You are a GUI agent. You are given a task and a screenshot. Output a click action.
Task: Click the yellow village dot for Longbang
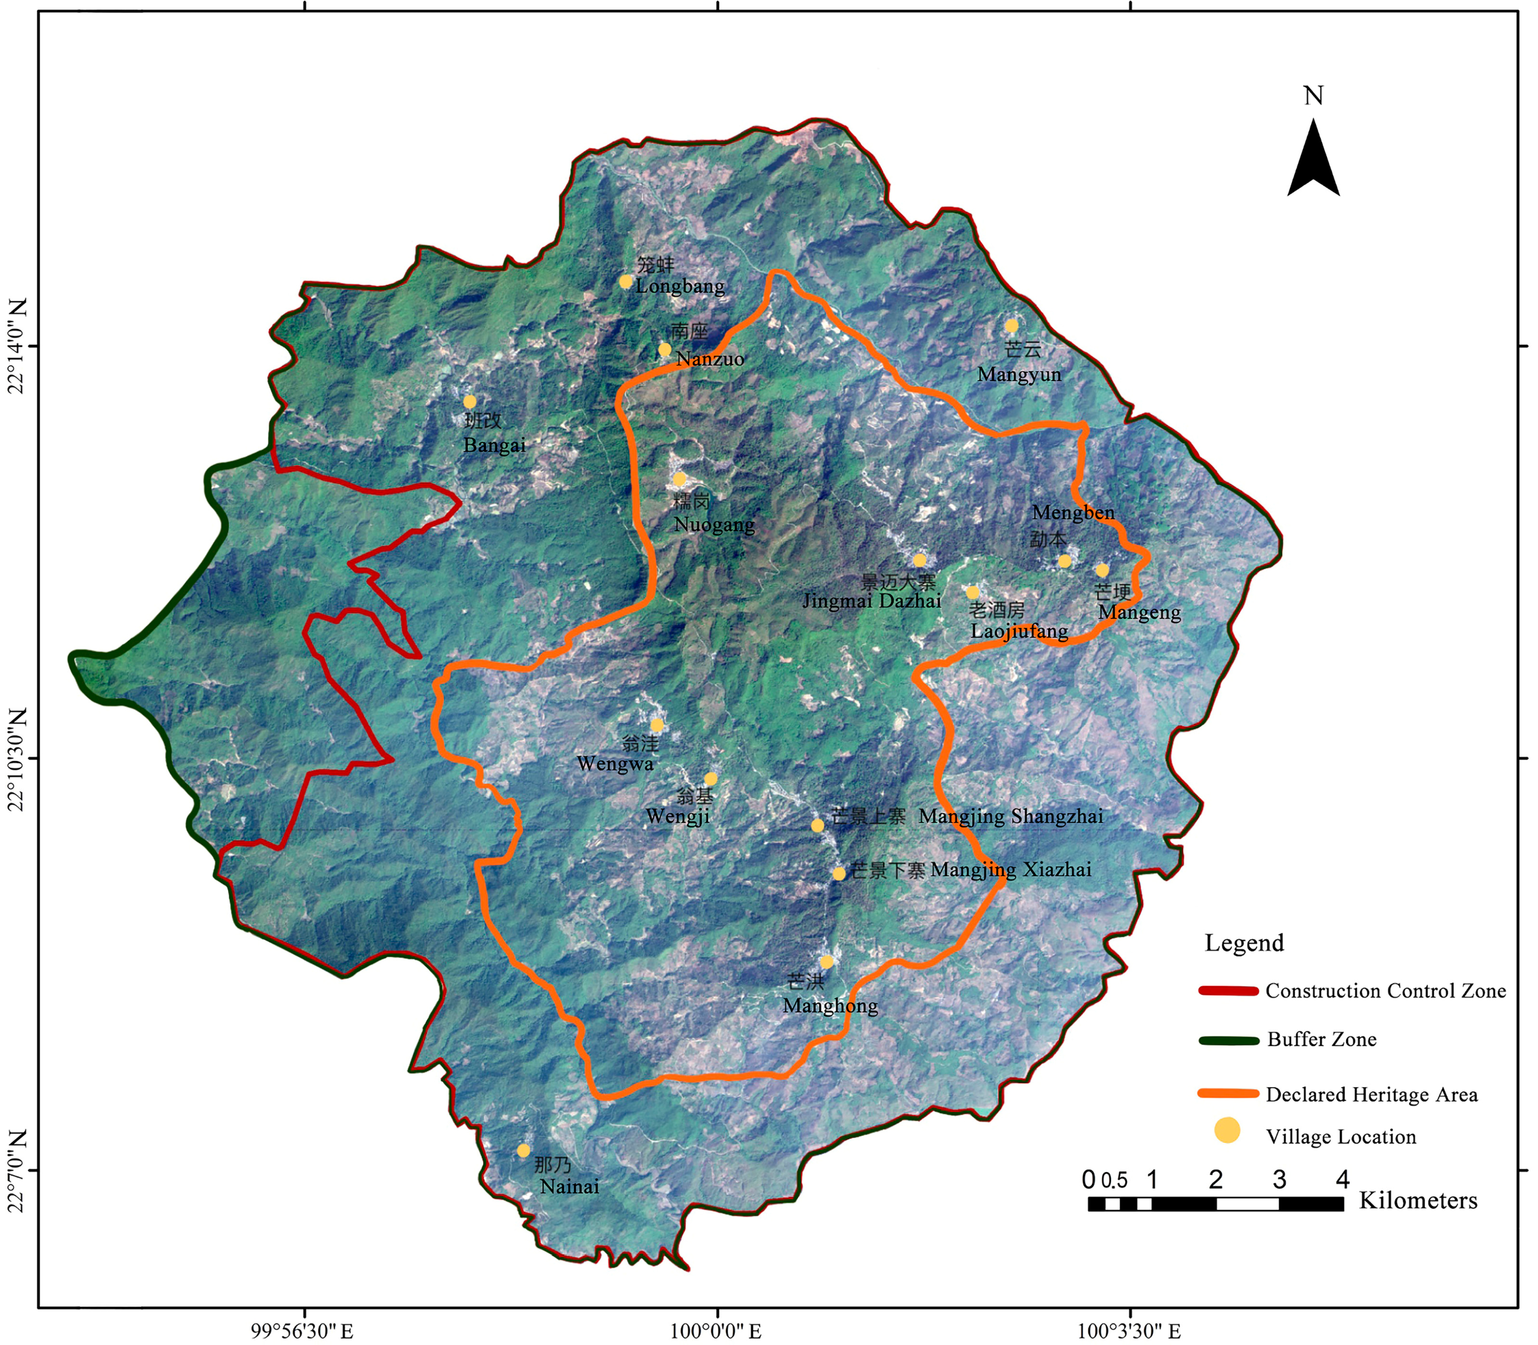coord(625,282)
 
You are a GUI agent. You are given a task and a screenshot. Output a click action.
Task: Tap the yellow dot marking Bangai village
coord(469,402)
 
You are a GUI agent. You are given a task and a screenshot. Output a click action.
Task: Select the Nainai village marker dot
coord(523,1150)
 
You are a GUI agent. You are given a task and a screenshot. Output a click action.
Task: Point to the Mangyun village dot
coord(1012,326)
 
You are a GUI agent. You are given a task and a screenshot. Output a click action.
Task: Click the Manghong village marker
coord(826,962)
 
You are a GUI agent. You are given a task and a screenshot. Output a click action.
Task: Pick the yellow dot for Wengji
coord(711,779)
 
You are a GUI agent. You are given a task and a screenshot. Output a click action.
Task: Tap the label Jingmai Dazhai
coord(871,601)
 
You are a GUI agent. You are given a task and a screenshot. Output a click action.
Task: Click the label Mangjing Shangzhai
coord(1010,816)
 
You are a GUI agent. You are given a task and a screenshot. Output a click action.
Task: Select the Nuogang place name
coord(713,524)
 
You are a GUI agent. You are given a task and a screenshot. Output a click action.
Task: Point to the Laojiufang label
coord(1019,631)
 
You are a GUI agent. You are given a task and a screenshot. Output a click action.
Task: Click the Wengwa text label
coord(615,764)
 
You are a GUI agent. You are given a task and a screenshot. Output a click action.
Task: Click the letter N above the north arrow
coord(1313,96)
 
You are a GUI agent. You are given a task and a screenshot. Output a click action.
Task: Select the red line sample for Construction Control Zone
coord(1228,991)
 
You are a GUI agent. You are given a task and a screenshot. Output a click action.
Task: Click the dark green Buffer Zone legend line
coord(1228,1040)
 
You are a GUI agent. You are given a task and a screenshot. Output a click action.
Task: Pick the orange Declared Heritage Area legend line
coord(1228,1093)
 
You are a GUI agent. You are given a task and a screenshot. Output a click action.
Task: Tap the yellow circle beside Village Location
coord(1228,1130)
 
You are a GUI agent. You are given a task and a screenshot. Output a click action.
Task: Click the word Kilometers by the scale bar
coord(1418,1201)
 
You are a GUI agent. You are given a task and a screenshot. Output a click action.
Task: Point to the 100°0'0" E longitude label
coord(716,1331)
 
